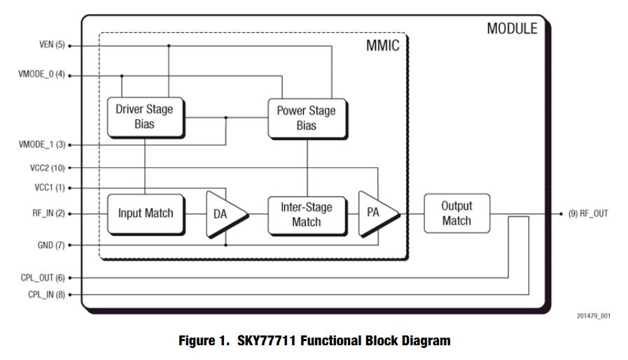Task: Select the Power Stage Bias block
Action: (x=306, y=118)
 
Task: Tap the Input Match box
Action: (x=145, y=214)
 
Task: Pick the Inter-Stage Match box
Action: (x=306, y=214)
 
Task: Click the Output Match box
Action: (x=456, y=213)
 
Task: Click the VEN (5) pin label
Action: (x=51, y=46)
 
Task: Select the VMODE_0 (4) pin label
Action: (x=41, y=75)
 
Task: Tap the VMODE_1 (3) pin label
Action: (x=41, y=145)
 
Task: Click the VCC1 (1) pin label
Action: (x=48, y=188)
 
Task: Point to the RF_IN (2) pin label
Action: (x=48, y=214)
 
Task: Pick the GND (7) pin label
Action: (x=50, y=245)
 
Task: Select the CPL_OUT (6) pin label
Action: (x=43, y=278)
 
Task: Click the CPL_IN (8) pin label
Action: (x=46, y=295)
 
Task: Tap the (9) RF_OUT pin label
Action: (x=588, y=214)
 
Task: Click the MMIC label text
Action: (x=384, y=46)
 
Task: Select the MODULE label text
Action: (x=512, y=29)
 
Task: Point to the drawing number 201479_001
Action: (x=593, y=316)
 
